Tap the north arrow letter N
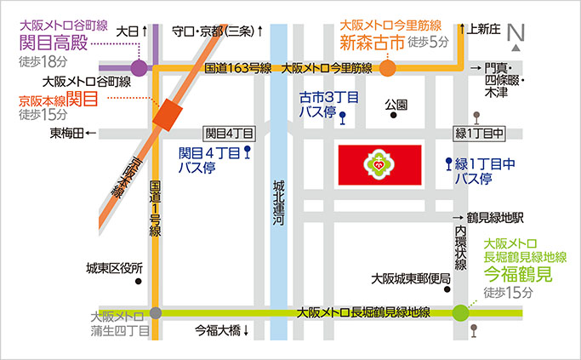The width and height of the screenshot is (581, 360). point(514,32)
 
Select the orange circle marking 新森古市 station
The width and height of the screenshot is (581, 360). point(387,67)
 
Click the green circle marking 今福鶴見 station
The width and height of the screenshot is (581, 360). point(460,312)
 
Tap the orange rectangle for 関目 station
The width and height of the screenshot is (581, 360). point(167,113)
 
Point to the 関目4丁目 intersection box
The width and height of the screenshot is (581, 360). point(230,134)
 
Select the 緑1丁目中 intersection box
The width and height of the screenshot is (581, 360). point(481,134)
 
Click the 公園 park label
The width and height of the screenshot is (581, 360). point(396,105)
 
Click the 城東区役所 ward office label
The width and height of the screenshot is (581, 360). point(115,268)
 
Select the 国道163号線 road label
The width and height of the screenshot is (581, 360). point(237,67)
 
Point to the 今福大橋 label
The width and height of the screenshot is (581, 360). point(219,330)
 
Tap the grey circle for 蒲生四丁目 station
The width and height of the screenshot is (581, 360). point(155,312)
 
